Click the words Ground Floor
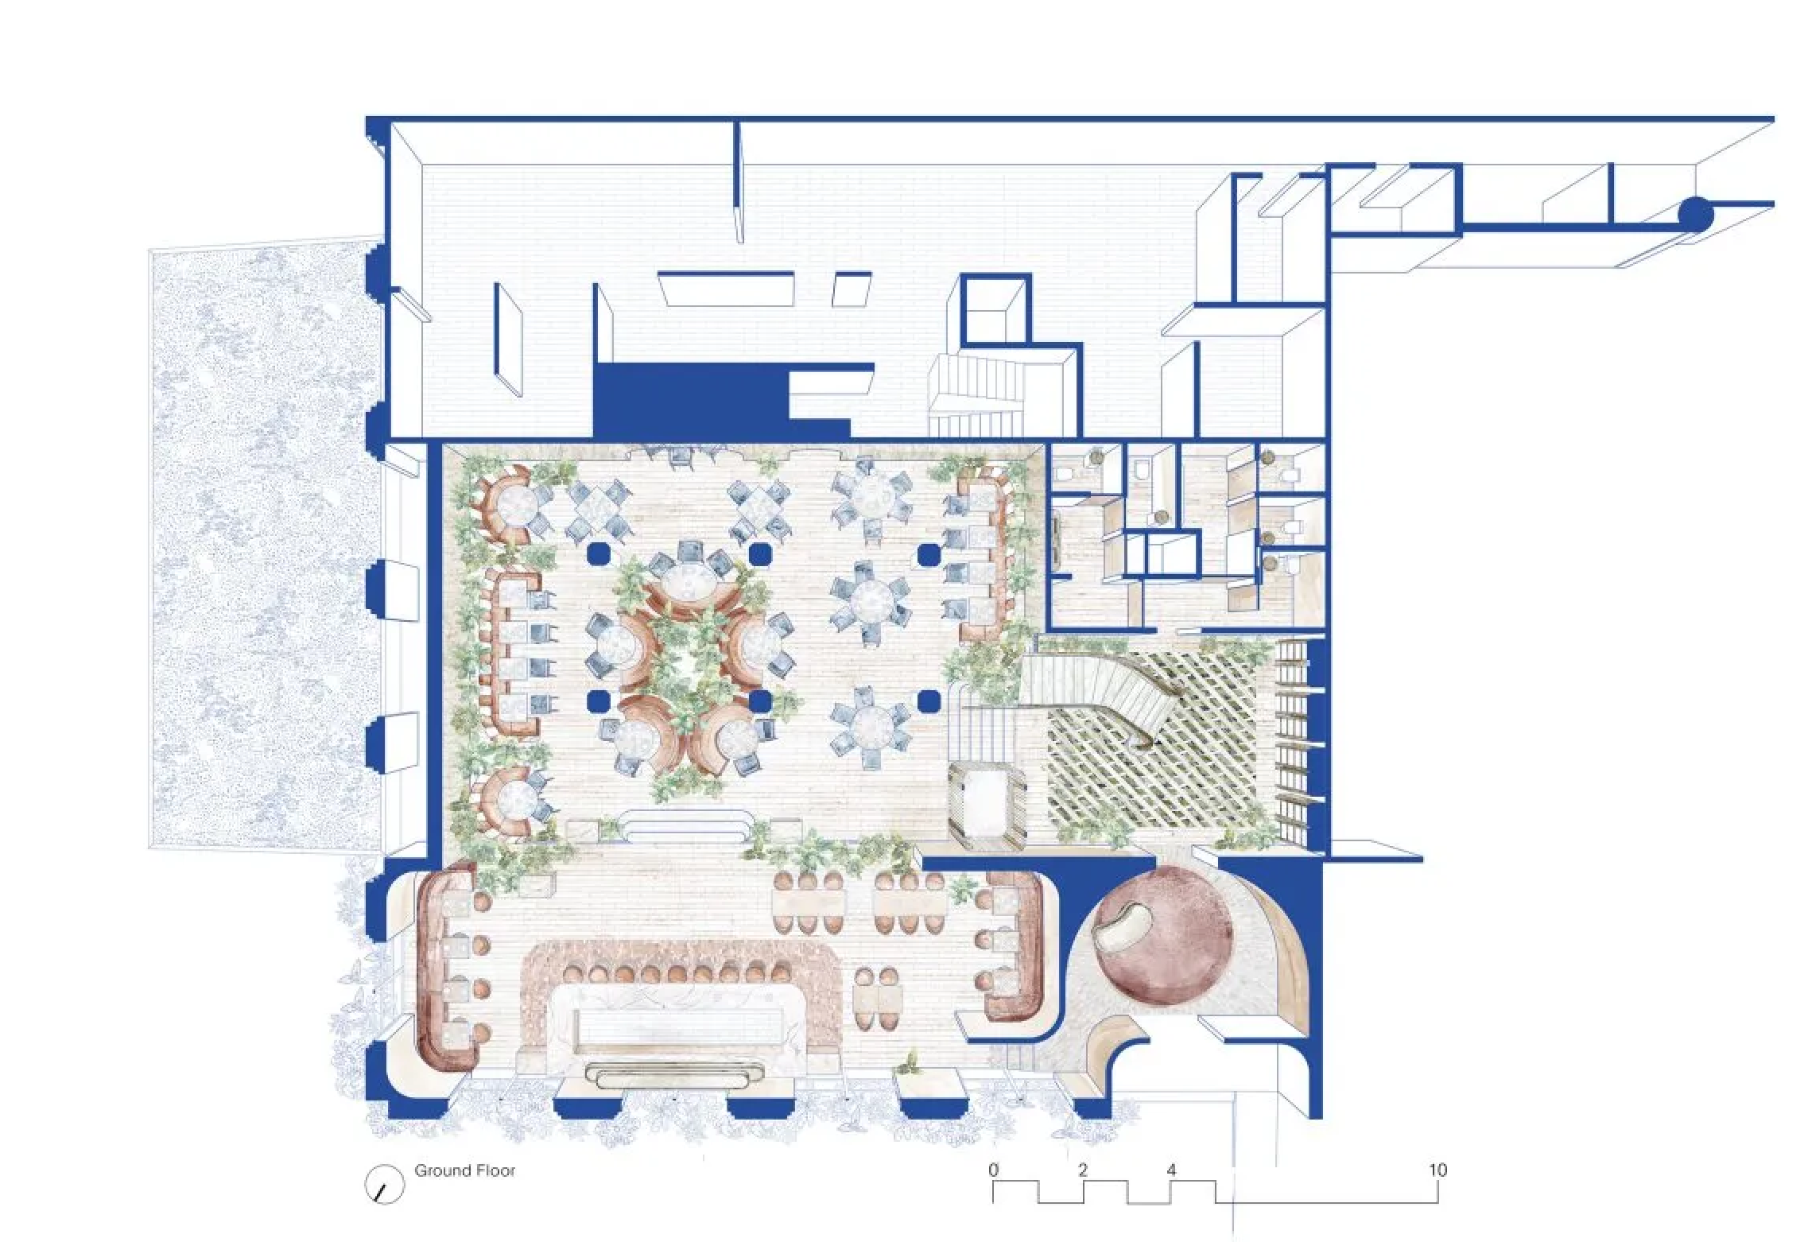click(x=464, y=1170)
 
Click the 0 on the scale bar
click(x=993, y=1170)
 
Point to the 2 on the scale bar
click(x=1082, y=1170)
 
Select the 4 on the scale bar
click(x=1171, y=1170)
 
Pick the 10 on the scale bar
click(x=1437, y=1170)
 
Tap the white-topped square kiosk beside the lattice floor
click(x=985, y=805)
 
